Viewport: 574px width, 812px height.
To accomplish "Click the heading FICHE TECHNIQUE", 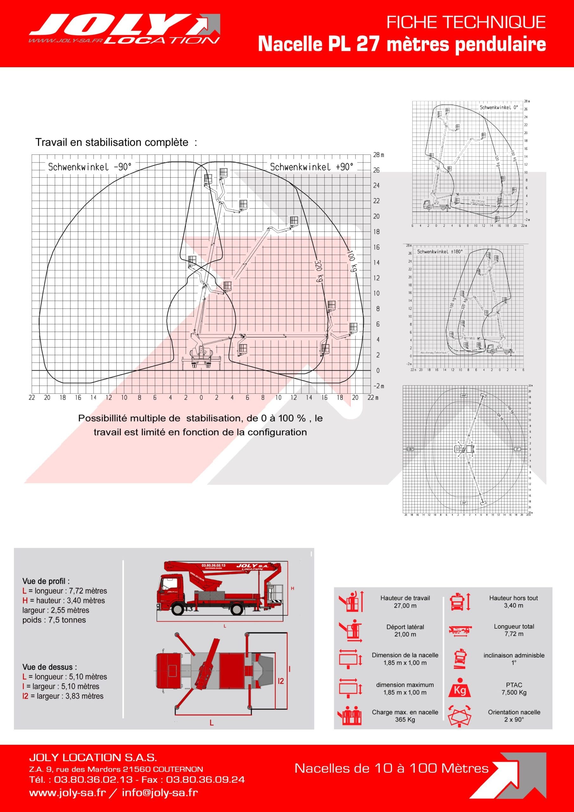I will point(466,23).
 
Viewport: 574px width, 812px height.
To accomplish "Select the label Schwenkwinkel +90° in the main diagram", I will point(311,167).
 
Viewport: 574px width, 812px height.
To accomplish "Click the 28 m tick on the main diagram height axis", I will point(378,155).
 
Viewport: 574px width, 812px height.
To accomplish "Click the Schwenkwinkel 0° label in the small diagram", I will point(498,107).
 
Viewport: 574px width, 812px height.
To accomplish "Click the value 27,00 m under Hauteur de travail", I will point(405,606).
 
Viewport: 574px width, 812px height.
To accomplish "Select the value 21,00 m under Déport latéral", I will point(405,634).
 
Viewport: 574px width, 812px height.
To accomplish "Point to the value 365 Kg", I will point(405,719).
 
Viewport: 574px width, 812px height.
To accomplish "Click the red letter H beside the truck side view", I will point(292,588).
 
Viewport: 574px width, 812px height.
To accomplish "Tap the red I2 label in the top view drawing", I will point(281,681).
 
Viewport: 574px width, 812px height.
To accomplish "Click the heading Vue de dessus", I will point(49,667).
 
